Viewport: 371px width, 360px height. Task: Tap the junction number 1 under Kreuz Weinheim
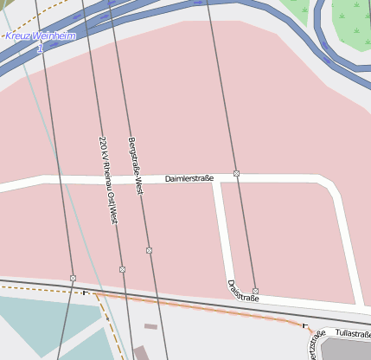pyautogui.click(x=39, y=48)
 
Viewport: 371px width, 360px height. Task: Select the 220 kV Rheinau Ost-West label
pyautogui.click(x=107, y=179)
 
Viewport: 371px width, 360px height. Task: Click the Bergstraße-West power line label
pyautogui.click(x=134, y=164)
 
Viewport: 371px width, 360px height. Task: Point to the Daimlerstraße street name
pyautogui.click(x=189, y=178)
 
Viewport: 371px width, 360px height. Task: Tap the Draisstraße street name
pyautogui.click(x=243, y=291)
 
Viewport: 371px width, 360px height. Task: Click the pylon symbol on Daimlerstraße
pyautogui.click(x=236, y=174)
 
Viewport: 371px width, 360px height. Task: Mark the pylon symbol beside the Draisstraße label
pyautogui.click(x=255, y=291)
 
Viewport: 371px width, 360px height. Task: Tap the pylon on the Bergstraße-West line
pyautogui.click(x=149, y=250)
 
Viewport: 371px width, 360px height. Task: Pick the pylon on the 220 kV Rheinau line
pyautogui.click(x=122, y=269)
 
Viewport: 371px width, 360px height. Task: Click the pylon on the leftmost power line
pyautogui.click(x=73, y=278)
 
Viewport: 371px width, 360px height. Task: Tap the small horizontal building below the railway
pyautogui.click(x=150, y=326)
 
